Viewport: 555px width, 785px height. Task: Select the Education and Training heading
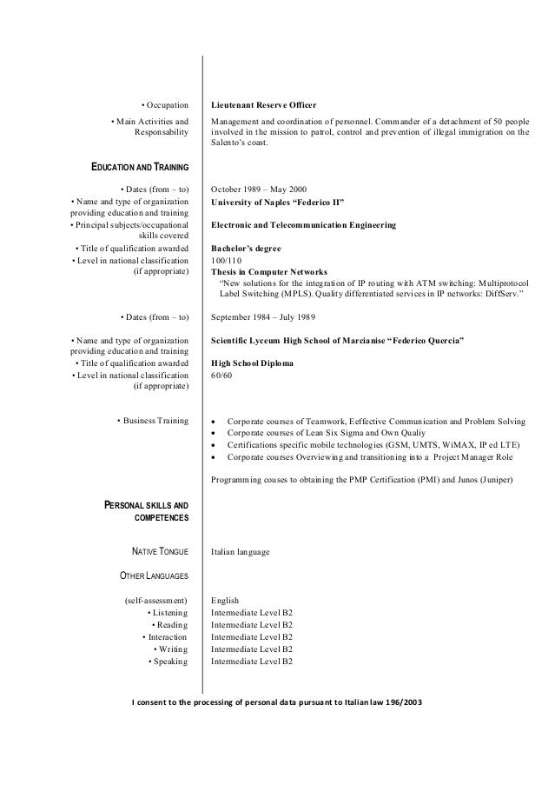(140, 167)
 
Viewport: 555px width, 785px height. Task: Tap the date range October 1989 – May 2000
(259, 190)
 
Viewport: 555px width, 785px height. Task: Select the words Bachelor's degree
(248, 247)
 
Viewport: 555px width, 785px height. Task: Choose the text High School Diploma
(252, 363)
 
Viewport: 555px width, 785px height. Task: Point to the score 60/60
(222, 375)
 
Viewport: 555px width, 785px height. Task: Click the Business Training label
(152, 421)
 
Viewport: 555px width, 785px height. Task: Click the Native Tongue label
(160, 551)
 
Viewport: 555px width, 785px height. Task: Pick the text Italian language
(241, 551)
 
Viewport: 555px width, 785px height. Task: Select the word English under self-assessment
(225, 601)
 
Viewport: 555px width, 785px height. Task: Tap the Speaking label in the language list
(168, 662)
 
